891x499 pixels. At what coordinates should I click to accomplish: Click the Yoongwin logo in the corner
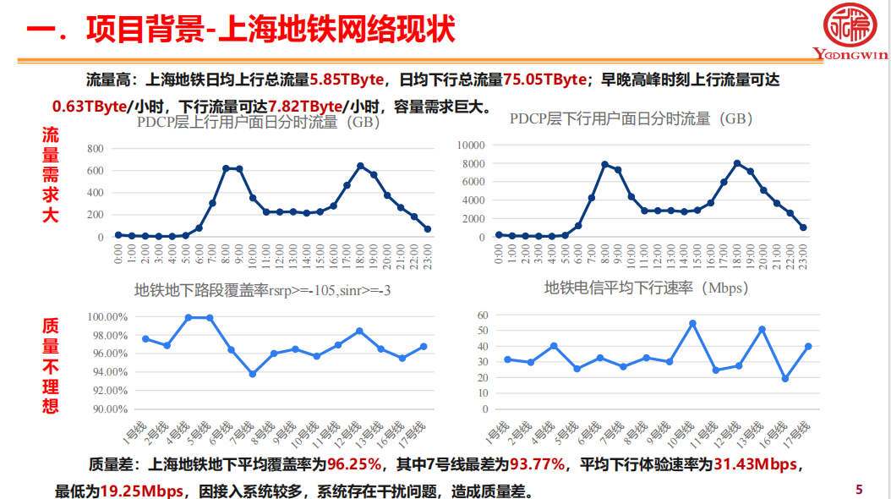pyautogui.click(x=849, y=31)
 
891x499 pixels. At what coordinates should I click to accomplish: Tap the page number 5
pyautogui.click(x=860, y=489)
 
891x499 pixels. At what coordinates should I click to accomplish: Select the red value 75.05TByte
pyautogui.click(x=545, y=80)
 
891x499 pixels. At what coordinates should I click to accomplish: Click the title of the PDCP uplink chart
pyautogui.click(x=259, y=123)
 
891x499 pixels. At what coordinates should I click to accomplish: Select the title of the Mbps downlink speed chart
pyautogui.click(x=647, y=288)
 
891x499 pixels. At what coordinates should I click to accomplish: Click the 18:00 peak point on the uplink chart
pyautogui.click(x=360, y=166)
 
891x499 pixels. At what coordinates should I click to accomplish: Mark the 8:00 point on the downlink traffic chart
pyautogui.click(x=604, y=164)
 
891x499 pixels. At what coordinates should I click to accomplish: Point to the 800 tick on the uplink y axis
pyautogui.click(x=95, y=149)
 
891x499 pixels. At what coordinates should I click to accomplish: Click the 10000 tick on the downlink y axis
pyautogui.click(x=469, y=145)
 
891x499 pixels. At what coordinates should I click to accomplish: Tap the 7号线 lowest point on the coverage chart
pyautogui.click(x=252, y=374)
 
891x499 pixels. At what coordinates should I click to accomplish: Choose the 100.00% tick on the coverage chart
pyautogui.click(x=107, y=316)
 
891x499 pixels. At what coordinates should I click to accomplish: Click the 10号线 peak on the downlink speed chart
pyautogui.click(x=692, y=323)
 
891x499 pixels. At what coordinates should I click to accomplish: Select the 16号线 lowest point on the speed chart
pyautogui.click(x=785, y=378)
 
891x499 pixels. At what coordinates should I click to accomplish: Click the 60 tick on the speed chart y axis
pyautogui.click(x=484, y=315)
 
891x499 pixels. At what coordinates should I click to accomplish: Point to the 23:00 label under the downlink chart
pyautogui.click(x=802, y=252)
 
